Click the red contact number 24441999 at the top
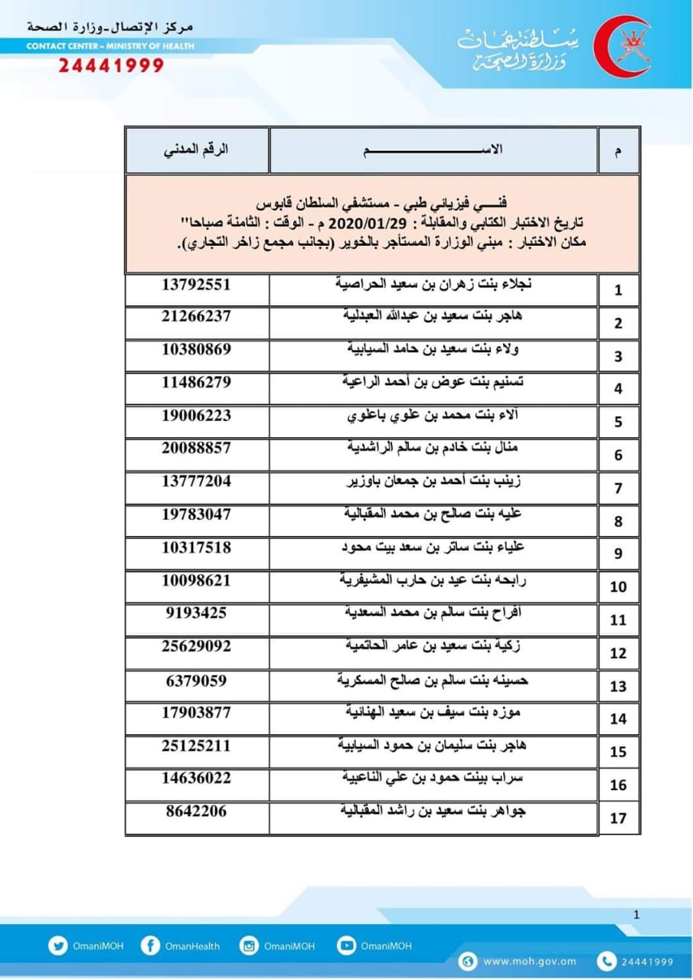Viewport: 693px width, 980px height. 111,65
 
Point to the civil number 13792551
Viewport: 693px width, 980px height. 196,284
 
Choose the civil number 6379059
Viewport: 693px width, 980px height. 196,679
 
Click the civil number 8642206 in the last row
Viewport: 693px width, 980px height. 196,811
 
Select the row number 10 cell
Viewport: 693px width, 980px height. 619,587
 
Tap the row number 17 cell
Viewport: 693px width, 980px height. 619,818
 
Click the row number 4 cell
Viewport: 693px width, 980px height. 619,389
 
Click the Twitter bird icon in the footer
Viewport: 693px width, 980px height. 57,946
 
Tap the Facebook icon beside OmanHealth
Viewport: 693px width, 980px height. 150,946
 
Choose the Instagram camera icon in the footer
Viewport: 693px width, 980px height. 249,946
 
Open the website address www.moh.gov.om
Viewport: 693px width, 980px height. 529,962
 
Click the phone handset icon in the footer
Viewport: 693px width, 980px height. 607,962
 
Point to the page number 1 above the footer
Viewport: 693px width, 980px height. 637,913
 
